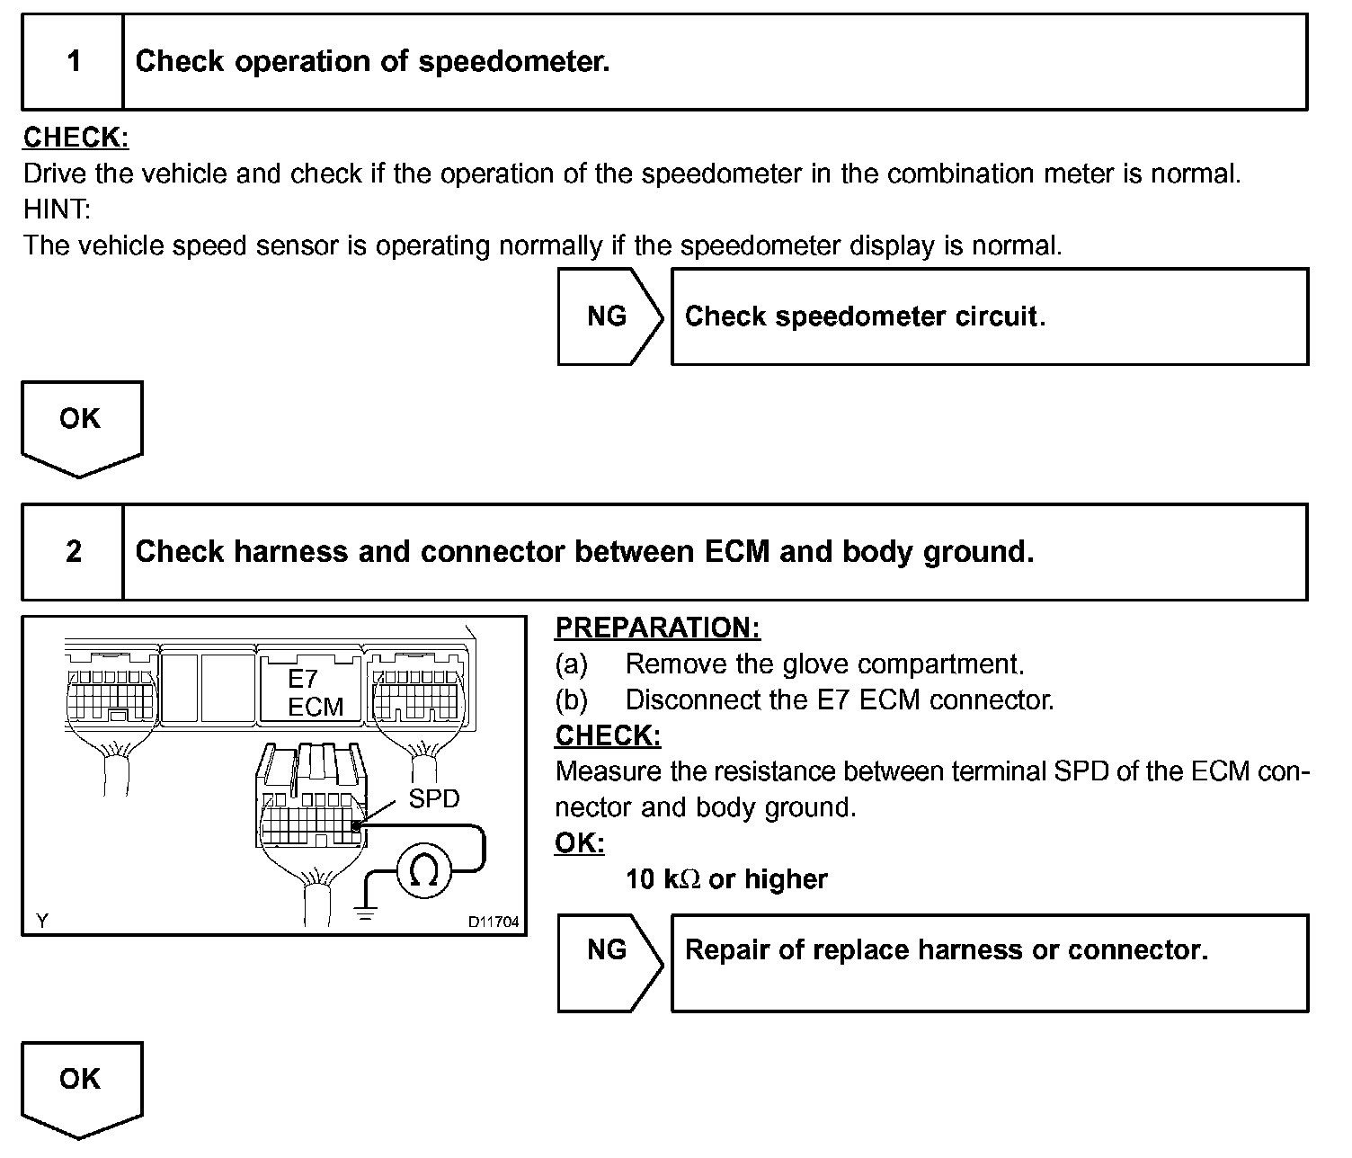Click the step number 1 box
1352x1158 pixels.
(74, 62)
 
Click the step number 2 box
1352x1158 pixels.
(74, 551)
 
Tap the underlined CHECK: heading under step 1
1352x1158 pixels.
(76, 138)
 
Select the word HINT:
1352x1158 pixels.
(58, 209)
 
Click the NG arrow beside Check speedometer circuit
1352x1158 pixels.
(609, 316)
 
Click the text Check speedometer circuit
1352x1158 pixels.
(865, 316)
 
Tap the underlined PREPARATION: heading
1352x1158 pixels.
(657, 628)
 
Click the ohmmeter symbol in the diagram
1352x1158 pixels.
(423, 868)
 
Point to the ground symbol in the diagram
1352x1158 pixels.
(365, 914)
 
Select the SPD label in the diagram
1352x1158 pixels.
(433, 798)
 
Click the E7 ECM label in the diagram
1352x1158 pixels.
(314, 693)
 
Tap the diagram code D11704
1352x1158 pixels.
(493, 922)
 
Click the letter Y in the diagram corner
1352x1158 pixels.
(42, 921)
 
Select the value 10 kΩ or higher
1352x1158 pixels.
(726, 879)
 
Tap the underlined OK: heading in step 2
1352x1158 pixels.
(580, 843)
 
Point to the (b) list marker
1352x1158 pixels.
(571, 699)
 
